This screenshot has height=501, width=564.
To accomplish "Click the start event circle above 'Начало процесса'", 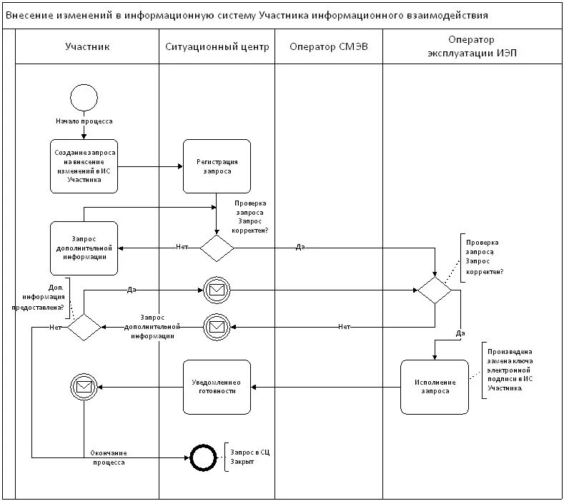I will coord(84,98).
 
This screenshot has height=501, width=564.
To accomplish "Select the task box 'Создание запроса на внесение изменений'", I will coord(84,166).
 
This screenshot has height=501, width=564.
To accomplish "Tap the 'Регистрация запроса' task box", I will coord(217,166).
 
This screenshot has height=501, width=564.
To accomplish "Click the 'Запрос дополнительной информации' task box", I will coord(84,248).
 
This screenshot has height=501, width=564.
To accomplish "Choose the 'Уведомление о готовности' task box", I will coord(217,387).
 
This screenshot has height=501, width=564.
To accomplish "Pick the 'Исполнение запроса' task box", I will coord(435,387).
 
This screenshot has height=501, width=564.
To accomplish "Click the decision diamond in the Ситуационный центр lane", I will coord(217,248).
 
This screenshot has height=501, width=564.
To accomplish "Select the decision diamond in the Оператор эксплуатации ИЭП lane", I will coord(435,290).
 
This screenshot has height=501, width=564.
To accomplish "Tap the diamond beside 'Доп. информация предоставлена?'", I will coord(84,327).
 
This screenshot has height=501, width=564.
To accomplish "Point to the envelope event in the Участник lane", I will coord(84,387).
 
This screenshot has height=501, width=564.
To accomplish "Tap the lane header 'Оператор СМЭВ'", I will coord(329,47).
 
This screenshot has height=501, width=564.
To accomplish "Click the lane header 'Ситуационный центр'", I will coord(217,47).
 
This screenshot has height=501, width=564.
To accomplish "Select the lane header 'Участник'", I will coord(87,47).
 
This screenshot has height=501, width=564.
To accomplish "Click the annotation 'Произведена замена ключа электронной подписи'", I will coord(510,370).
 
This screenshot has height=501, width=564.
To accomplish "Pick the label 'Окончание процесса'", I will coord(109,457).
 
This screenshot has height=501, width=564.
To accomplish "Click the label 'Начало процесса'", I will coord(84,121).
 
